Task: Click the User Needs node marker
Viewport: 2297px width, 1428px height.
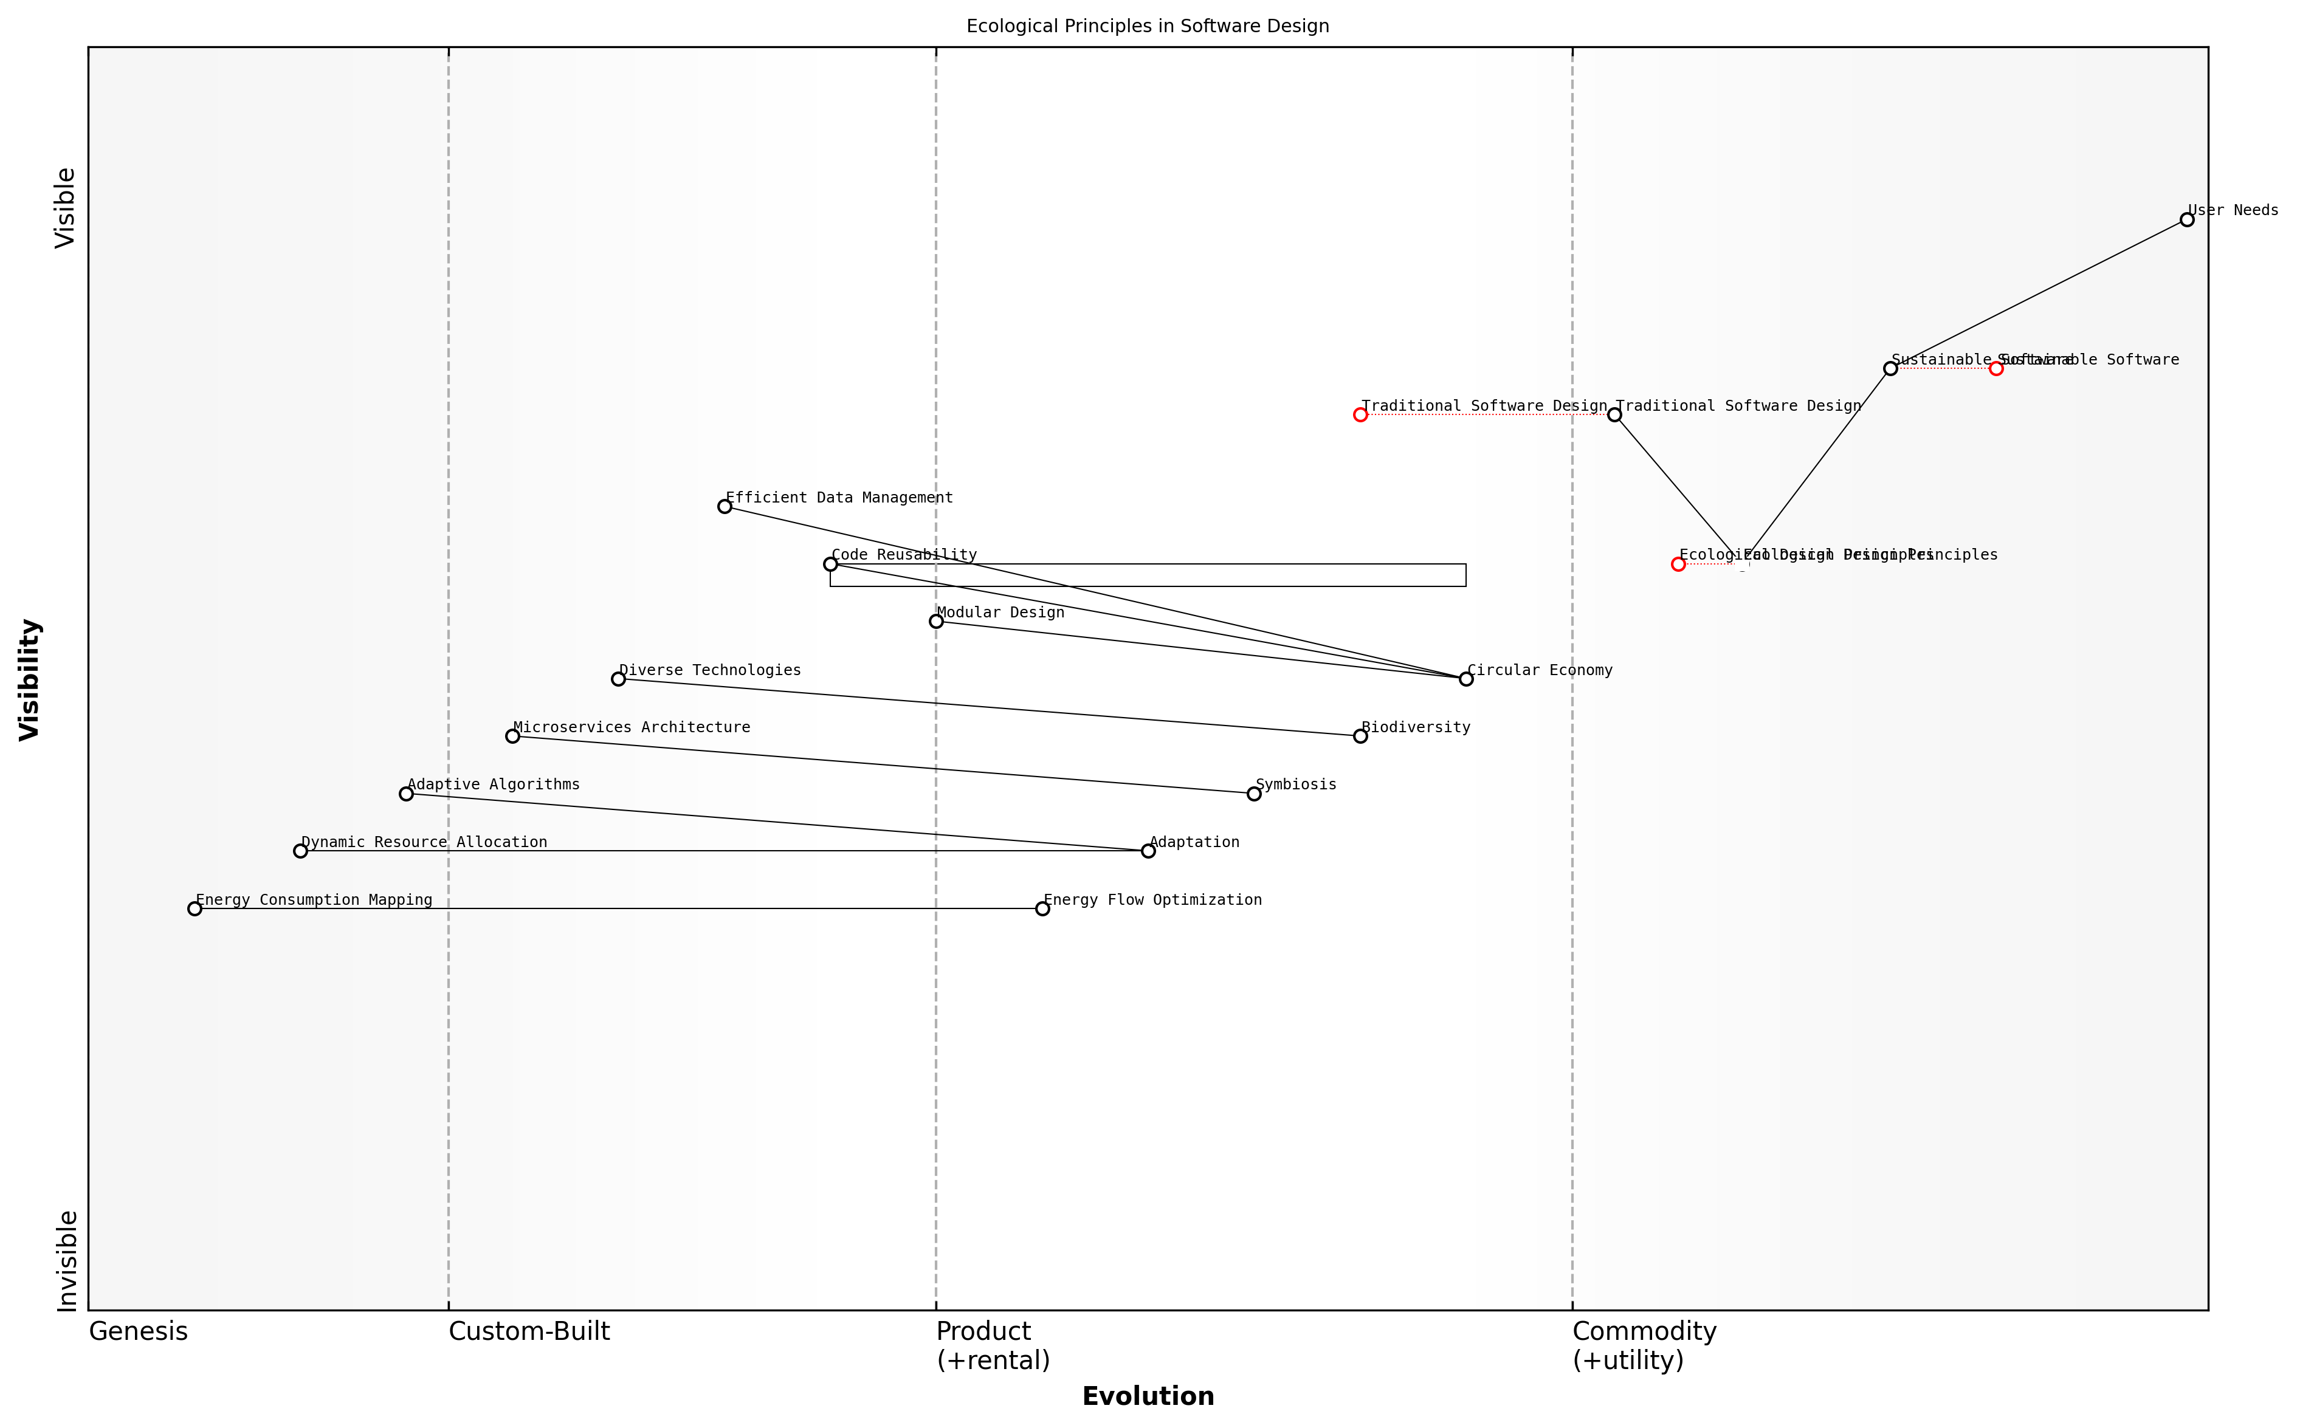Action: click(2186, 220)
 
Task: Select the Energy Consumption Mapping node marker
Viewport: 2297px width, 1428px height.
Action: click(195, 908)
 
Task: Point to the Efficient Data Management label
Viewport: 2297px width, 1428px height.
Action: click(839, 498)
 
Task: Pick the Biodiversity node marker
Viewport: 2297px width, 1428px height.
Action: click(1360, 736)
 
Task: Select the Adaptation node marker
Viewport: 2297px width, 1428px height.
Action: click(1148, 851)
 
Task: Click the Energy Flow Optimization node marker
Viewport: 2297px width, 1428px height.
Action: click(1042, 908)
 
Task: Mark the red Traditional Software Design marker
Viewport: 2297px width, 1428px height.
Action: click(1360, 414)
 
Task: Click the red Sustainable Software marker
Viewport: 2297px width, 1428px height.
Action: click(1996, 368)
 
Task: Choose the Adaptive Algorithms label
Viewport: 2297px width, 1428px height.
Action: click(493, 785)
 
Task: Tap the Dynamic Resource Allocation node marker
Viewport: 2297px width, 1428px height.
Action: click(300, 851)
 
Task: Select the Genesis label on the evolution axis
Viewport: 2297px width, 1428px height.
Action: click(138, 1331)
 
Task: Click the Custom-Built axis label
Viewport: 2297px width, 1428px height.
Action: click(529, 1331)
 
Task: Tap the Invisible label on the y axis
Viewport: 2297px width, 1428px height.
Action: click(66, 1261)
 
